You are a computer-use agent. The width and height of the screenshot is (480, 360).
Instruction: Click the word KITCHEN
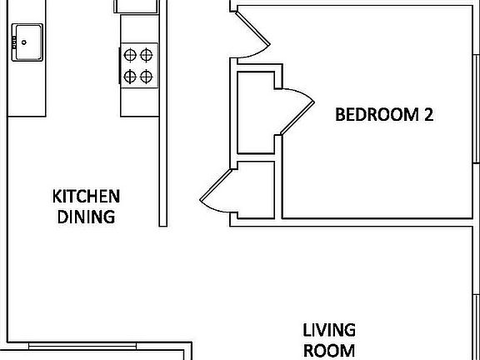87,197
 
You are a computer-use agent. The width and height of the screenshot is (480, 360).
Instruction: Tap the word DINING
87,217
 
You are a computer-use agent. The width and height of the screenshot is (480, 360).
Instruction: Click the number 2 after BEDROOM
427,115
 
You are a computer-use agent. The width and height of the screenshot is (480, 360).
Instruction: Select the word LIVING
328,330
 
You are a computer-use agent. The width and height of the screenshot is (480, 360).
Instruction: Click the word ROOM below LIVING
328,350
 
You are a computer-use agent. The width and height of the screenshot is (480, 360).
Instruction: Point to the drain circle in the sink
24,40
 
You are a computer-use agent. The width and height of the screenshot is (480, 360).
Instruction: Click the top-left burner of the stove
131,56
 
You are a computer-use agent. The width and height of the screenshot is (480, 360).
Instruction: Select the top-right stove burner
146,56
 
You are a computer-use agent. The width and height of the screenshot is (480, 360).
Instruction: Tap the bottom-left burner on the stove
131,76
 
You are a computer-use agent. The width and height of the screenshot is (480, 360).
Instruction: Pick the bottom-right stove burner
146,76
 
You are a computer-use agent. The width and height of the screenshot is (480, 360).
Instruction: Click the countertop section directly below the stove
137,102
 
